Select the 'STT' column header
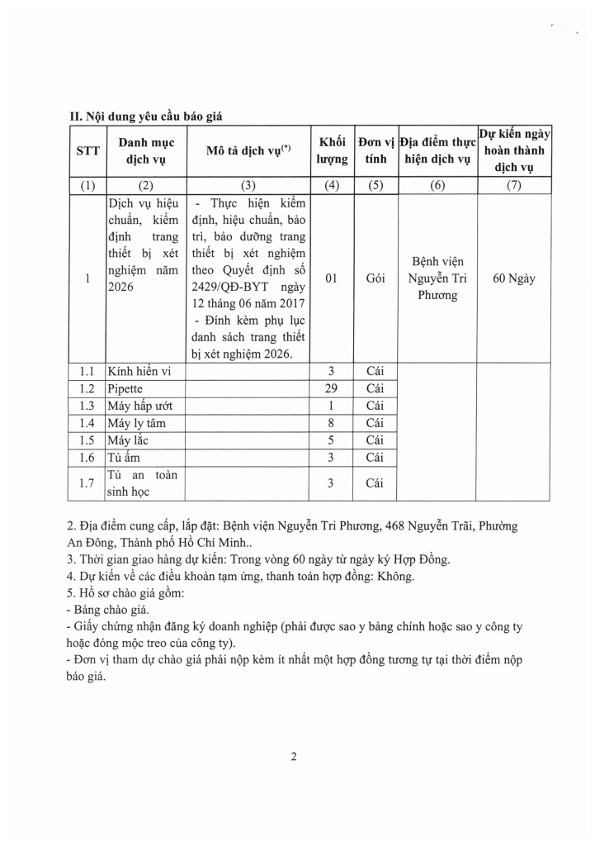(87, 151)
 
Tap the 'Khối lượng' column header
(332, 150)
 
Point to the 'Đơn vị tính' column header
(375, 150)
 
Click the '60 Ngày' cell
(513, 278)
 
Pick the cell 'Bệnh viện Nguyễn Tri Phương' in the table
(437, 278)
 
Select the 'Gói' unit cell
(375, 278)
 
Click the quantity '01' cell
(332, 278)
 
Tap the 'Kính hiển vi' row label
(139, 372)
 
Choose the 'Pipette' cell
(125, 388)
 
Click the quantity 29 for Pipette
(332, 388)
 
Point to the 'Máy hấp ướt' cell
(139, 406)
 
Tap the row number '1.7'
(87, 483)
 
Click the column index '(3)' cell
(248, 185)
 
